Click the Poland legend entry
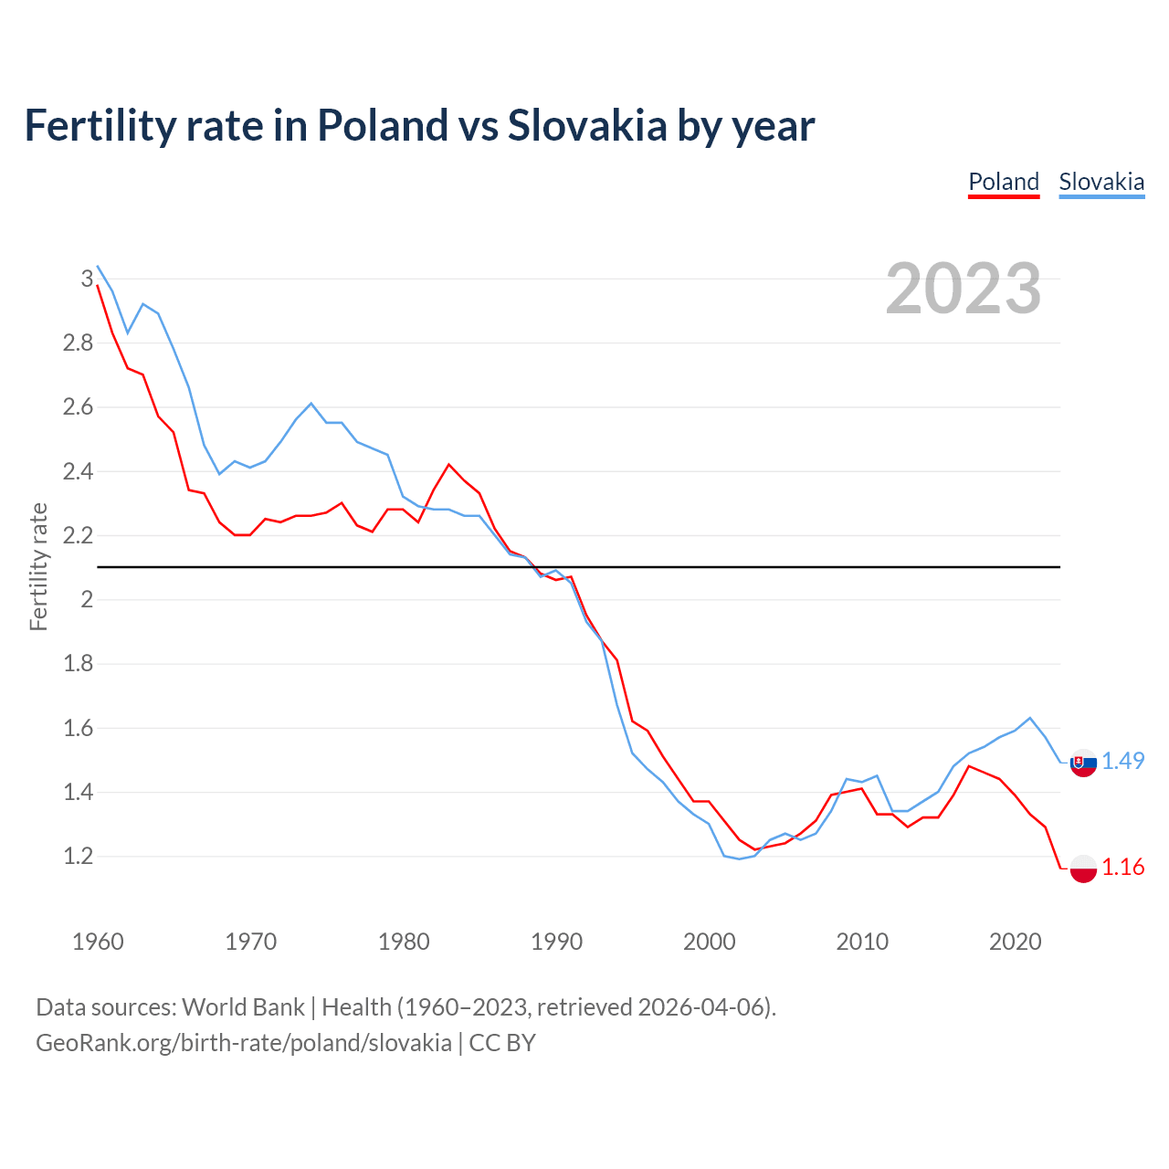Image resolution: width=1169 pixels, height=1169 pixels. point(1004,182)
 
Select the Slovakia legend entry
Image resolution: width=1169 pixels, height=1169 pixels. point(1101,182)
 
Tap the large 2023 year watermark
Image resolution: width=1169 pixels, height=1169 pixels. point(964,289)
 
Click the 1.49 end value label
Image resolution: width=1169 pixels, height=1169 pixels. point(1122,761)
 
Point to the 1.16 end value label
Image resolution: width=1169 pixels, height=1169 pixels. point(1122,867)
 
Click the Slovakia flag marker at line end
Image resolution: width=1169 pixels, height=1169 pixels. point(1083,763)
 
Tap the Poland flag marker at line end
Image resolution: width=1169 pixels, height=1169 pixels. point(1083,869)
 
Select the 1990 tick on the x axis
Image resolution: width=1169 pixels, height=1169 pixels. point(556,942)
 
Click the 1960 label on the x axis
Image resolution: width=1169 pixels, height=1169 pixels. point(98,942)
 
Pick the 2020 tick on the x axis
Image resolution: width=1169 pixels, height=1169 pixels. point(1015,942)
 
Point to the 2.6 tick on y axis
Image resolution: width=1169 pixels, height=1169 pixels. point(78,407)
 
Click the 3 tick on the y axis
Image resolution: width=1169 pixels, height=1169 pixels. point(88,279)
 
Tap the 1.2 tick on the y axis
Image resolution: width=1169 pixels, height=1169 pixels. point(78,857)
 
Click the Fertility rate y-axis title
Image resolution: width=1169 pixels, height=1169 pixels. point(38,566)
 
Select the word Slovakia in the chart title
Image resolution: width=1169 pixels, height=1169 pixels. point(587,126)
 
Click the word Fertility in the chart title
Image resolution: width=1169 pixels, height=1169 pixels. point(97,126)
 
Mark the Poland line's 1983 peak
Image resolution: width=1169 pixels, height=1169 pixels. point(448,465)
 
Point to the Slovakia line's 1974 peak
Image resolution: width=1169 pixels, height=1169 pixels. point(311,404)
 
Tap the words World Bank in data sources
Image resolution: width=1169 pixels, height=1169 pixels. point(243,1007)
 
